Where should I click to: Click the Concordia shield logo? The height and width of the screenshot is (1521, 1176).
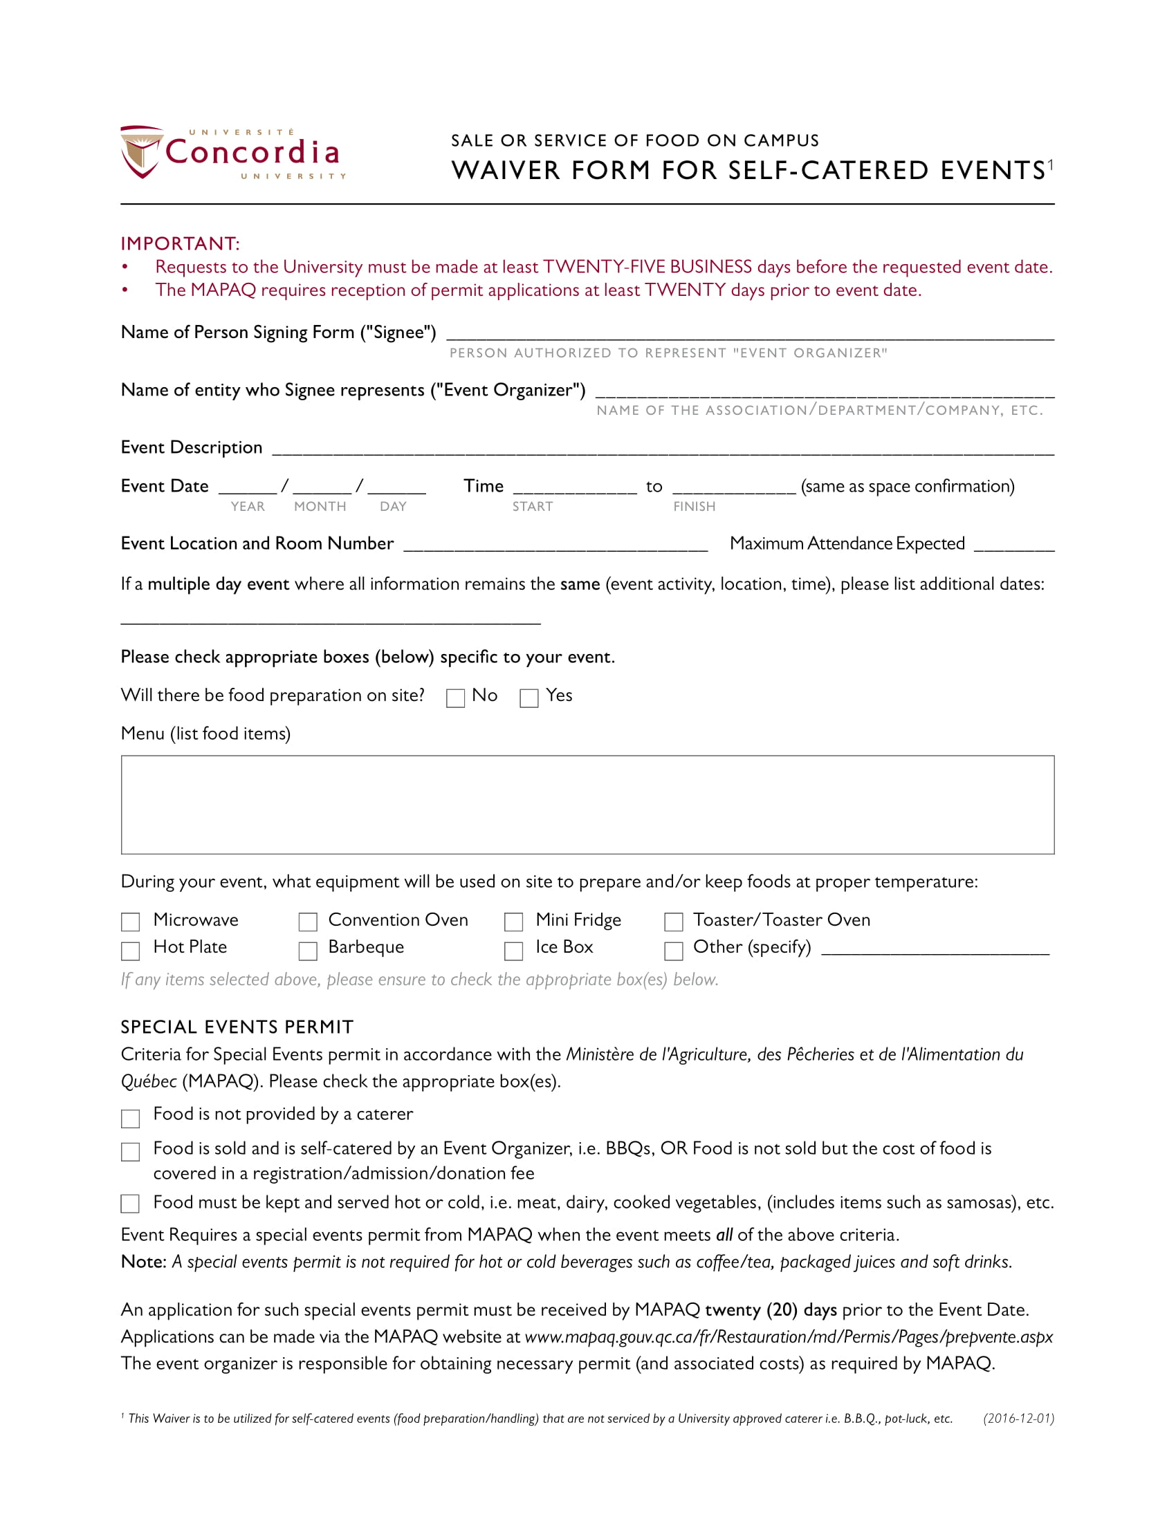pos(141,152)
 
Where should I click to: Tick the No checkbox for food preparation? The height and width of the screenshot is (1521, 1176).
pos(455,698)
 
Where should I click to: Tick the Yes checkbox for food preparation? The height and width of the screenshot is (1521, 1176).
pos(529,698)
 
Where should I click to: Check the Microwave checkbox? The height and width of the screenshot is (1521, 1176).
pos(130,922)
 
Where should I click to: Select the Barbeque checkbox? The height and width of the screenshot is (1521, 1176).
pos(307,951)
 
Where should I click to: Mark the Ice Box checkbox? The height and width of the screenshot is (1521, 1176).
pos(513,951)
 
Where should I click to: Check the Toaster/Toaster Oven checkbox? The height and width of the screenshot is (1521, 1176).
pos(673,922)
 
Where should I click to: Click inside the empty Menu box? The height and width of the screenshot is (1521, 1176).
pos(587,804)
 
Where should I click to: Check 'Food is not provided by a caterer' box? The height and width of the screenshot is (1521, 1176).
pos(130,1118)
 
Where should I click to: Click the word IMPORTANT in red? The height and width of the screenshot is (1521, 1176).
pos(180,244)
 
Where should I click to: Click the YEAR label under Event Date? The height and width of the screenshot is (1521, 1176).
pos(248,506)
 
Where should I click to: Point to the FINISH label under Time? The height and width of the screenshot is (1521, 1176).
pos(694,506)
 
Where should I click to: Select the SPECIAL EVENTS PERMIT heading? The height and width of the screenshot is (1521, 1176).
pos(237,1027)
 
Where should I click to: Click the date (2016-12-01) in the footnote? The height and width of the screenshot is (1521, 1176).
pos(1018,1418)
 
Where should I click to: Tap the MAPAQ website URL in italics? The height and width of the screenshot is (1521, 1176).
pos(788,1336)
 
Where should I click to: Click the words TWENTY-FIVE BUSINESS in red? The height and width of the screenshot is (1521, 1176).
pos(647,267)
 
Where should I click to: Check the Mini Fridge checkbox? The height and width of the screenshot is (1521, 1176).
pos(513,922)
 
